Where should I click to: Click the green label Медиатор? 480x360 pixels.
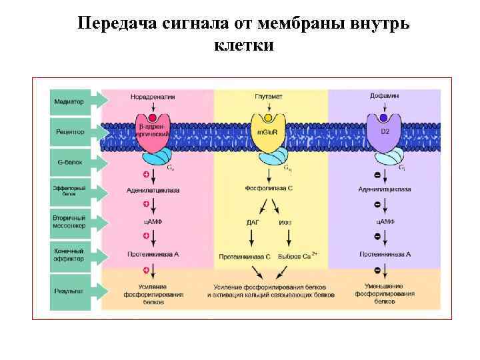[70, 101]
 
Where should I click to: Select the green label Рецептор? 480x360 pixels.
[70, 132]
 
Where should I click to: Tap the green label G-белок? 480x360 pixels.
[70, 162]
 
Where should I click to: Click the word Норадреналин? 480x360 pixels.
[153, 97]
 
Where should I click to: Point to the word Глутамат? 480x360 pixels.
[268, 97]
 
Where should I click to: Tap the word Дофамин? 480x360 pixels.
[384, 96]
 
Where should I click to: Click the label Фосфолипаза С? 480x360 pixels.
[268, 189]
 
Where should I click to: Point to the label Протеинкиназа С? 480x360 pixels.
[245, 255]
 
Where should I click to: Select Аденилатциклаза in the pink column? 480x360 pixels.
[153, 189]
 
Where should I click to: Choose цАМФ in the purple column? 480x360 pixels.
[385, 221]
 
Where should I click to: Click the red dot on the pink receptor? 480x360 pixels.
[153, 118]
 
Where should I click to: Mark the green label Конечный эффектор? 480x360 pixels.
[70, 255]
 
